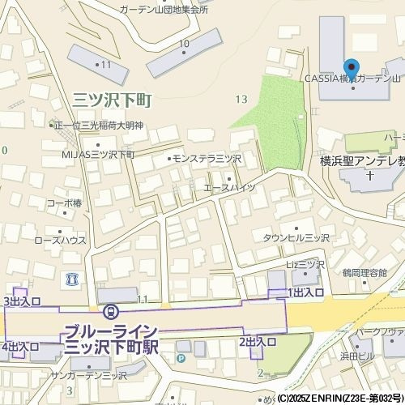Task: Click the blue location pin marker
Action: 351,68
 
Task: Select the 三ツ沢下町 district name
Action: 113,100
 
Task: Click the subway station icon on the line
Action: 110,310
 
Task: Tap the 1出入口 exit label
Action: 306,292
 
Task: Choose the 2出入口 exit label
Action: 258,342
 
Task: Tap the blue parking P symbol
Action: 181,357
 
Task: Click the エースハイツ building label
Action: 228,187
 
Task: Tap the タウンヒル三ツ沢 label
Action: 296,237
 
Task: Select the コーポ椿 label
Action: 64,203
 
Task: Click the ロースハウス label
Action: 60,241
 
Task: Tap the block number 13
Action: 241,99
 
